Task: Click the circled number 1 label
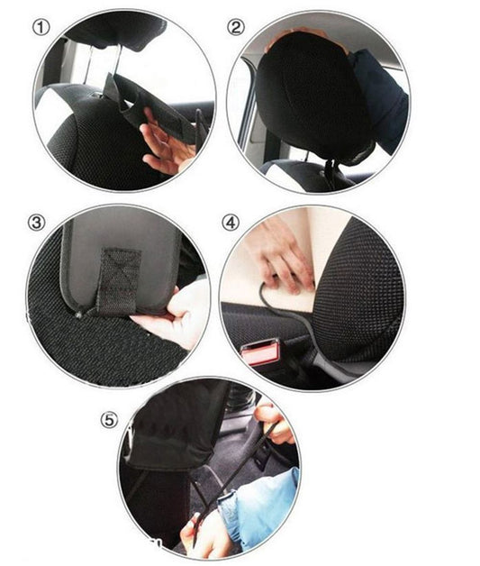[41, 27]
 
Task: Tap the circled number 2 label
[236, 27]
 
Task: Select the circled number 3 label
[36, 222]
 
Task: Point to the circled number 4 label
[231, 222]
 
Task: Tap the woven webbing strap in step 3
[117, 275]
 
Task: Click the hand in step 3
[180, 315]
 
